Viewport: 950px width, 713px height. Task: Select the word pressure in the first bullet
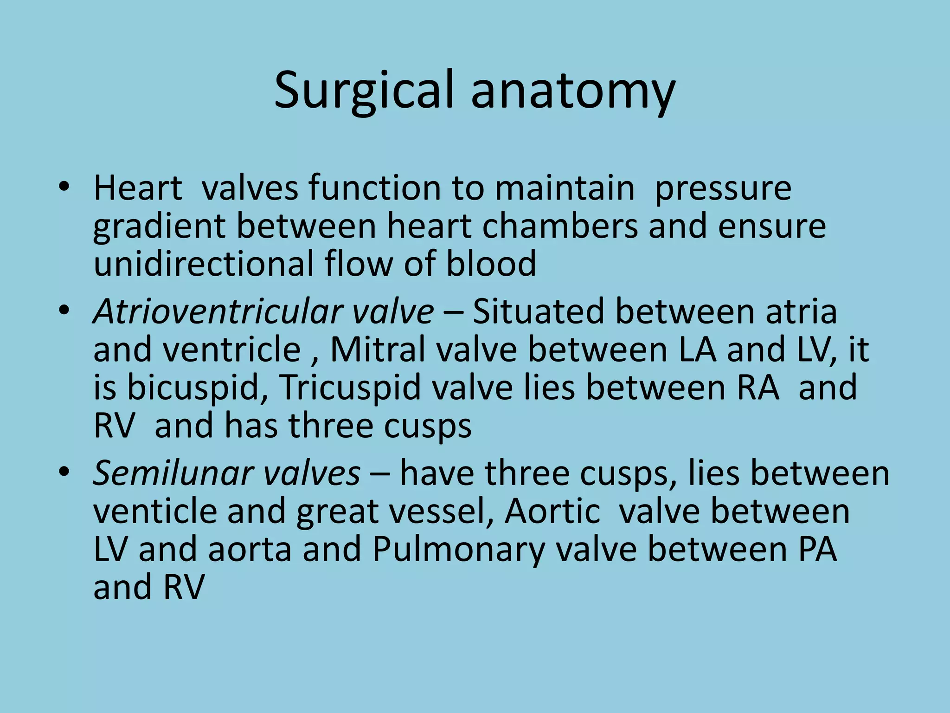(x=723, y=189)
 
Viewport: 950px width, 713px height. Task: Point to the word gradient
(x=159, y=227)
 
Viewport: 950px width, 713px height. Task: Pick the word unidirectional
(x=203, y=263)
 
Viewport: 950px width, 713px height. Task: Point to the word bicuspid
(x=193, y=388)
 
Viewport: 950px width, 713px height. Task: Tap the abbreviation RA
(x=758, y=387)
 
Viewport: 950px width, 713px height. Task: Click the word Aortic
(x=552, y=512)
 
